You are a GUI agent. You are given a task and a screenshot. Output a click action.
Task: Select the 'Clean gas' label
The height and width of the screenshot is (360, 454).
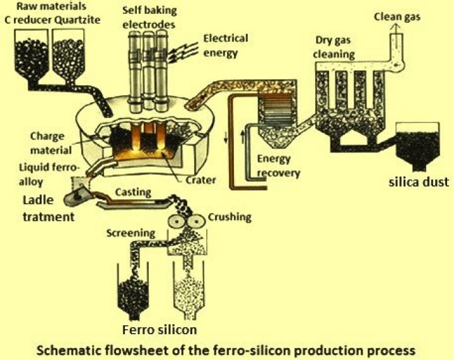point(399,15)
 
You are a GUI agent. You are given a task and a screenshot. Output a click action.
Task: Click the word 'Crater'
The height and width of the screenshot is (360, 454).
point(201,180)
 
